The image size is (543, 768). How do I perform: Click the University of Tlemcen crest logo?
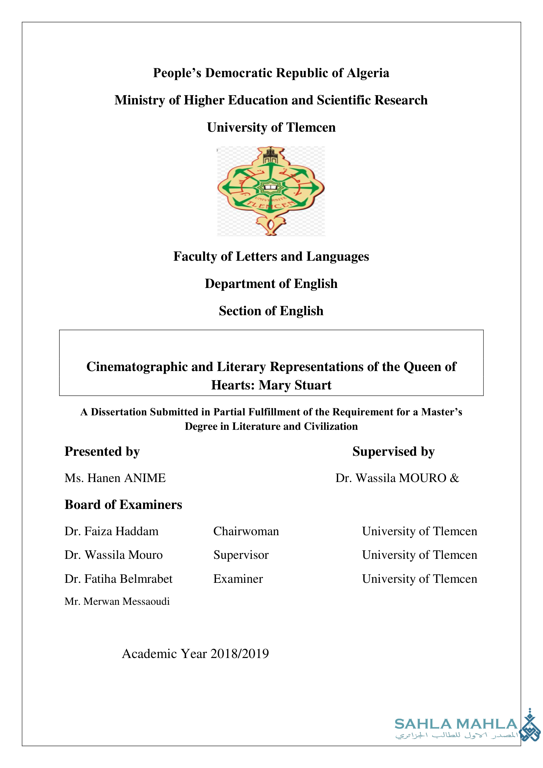click(x=271, y=191)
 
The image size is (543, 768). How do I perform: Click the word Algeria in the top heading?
click(x=368, y=73)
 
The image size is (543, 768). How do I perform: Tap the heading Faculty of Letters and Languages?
click(x=271, y=256)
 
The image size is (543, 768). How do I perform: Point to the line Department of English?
click(x=271, y=284)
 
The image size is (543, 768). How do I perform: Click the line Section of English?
click(x=271, y=311)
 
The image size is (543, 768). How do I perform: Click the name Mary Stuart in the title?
click(x=295, y=385)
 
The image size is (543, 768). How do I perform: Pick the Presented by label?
click(x=102, y=451)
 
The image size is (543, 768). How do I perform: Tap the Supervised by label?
click(x=393, y=451)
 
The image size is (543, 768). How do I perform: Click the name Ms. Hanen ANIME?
click(x=115, y=478)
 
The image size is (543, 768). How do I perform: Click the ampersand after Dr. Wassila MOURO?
click(x=454, y=478)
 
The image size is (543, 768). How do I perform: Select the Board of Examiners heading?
click(x=123, y=505)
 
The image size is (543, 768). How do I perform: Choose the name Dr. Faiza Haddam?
click(x=111, y=532)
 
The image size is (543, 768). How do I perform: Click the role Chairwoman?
click(x=246, y=532)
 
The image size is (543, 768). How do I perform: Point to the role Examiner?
click(x=238, y=579)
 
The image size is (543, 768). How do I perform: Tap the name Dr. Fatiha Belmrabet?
click(x=119, y=579)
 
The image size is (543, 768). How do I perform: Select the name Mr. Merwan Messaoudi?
click(x=117, y=602)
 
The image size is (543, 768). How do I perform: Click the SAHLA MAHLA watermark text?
click(x=456, y=724)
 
